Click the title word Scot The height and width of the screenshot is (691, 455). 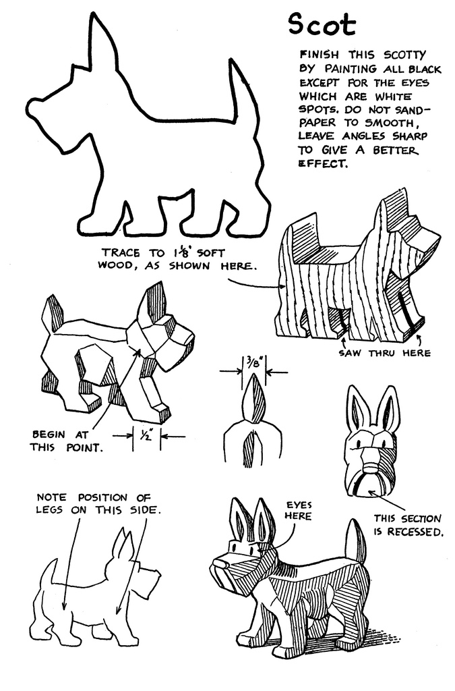click(x=322, y=25)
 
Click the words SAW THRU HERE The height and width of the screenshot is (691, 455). click(x=385, y=353)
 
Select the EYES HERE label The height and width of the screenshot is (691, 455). click(x=299, y=510)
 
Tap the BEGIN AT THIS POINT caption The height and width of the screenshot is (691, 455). click(x=67, y=441)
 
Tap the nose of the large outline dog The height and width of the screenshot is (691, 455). click(x=33, y=107)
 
